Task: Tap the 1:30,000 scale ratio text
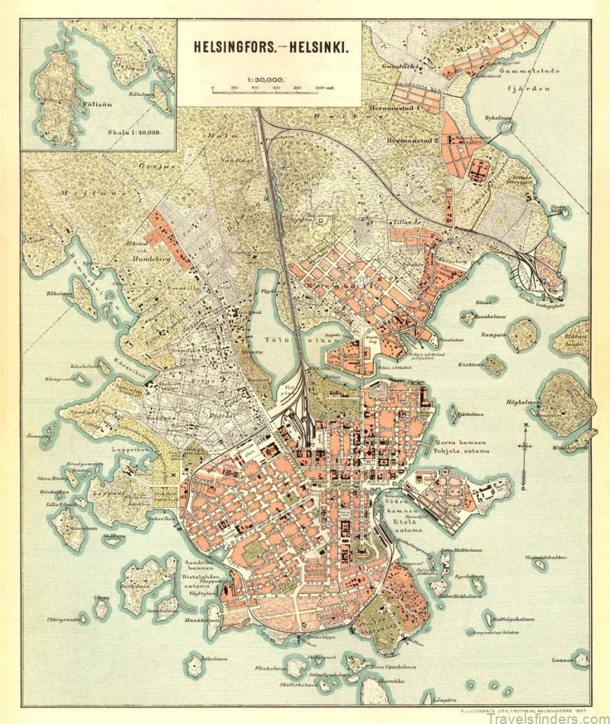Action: tap(265, 78)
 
